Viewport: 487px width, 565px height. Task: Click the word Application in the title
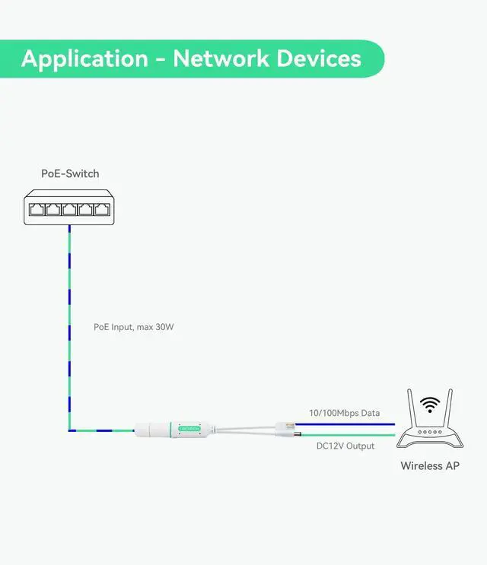(x=84, y=59)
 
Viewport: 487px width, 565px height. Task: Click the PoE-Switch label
(x=70, y=173)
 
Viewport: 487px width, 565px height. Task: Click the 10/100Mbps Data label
(x=344, y=413)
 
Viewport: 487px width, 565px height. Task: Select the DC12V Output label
(x=345, y=446)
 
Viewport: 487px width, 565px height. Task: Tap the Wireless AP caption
(x=430, y=465)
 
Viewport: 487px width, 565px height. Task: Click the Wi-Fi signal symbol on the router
(x=431, y=405)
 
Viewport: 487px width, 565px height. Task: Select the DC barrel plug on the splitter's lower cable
(x=294, y=435)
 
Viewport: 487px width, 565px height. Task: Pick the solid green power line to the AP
(x=350, y=435)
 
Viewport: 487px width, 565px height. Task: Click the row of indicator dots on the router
(x=430, y=432)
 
